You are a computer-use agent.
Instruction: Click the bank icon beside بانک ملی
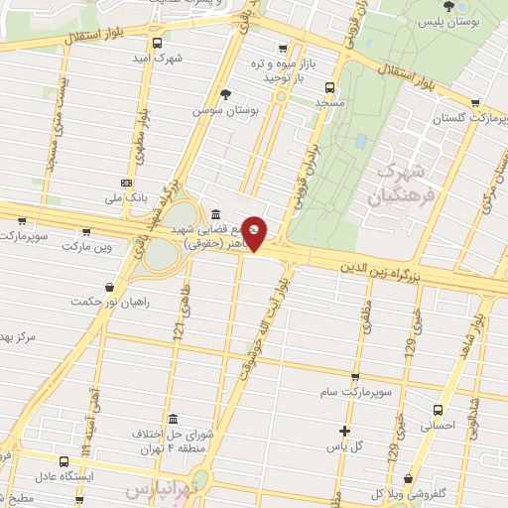126,183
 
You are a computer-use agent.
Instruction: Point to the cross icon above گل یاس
344,431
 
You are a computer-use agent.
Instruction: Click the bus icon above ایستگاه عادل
64,461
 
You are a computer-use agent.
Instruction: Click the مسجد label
330,102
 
